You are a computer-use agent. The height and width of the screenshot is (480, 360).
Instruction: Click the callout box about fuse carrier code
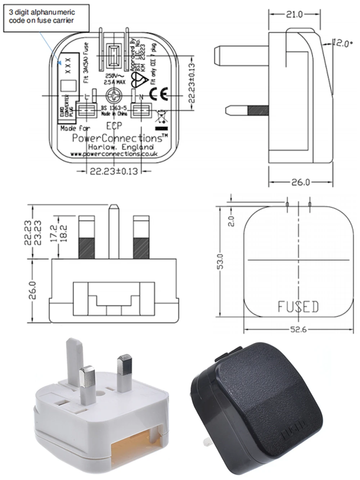[x=46, y=18]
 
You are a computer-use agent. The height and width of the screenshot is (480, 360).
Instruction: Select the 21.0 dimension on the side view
[x=294, y=14]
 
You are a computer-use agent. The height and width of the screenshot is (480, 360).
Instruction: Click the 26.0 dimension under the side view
[x=300, y=182]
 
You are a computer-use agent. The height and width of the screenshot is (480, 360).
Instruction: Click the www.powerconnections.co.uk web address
[x=113, y=154]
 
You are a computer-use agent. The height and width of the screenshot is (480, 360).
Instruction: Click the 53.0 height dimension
[x=221, y=262]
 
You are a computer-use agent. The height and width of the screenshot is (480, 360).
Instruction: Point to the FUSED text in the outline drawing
[x=298, y=307]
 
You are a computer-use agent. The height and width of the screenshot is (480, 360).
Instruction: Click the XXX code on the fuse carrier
[x=68, y=66]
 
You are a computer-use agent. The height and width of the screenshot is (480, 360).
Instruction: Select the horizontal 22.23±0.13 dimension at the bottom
[x=114, y=171]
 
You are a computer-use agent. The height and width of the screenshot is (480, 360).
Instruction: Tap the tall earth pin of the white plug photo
[x=75, y=357]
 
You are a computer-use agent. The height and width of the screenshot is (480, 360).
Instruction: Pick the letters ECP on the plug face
[x=114, y=126]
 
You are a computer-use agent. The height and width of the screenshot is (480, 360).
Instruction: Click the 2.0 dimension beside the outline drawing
[x=231, y=220]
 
